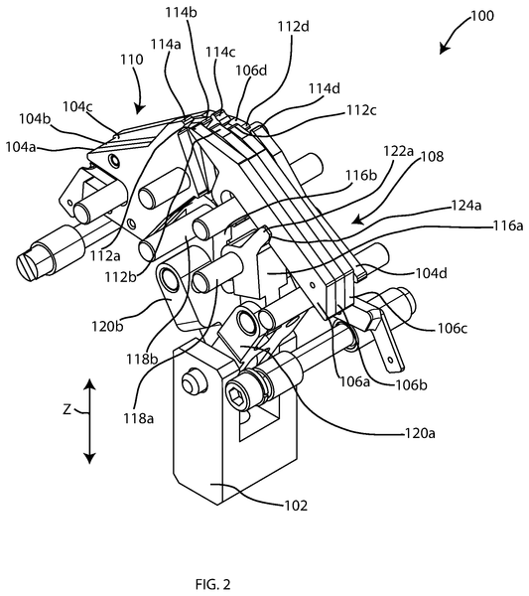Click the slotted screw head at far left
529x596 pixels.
coord(29,264)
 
